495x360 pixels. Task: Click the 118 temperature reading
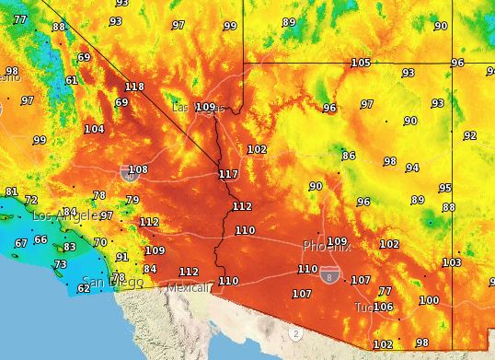134,87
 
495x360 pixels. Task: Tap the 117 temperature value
228,174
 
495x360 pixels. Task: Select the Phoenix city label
327,247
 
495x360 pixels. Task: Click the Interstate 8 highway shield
328,274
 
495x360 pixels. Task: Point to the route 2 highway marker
295,332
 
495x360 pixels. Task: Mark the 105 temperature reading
361,63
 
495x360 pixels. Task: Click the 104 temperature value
94,129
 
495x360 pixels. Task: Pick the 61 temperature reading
72,80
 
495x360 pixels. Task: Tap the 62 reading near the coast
83,288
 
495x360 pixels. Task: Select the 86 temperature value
349,156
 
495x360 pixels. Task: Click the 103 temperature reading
451,262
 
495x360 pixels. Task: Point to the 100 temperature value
429,300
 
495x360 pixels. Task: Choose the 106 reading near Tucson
383,307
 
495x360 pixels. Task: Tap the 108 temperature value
138,169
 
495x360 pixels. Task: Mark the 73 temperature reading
61,264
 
